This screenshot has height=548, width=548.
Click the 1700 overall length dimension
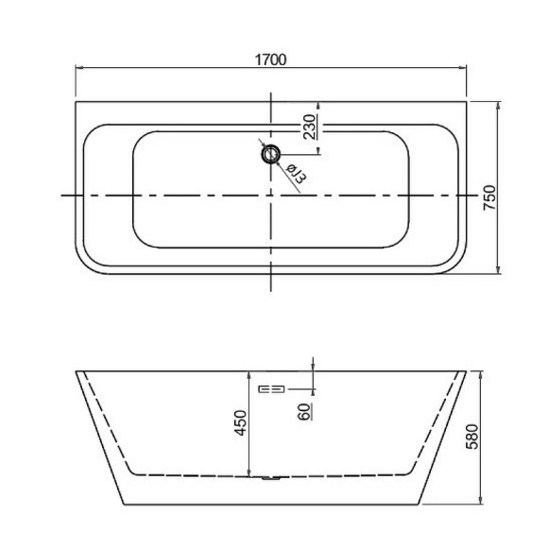270,60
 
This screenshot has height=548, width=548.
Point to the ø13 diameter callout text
293,172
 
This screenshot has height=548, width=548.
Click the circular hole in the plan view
272,153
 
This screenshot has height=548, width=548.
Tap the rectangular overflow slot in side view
271,387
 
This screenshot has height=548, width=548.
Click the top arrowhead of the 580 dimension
481,371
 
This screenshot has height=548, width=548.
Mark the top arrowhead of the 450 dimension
248,371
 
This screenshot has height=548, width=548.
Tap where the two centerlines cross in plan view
272,195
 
